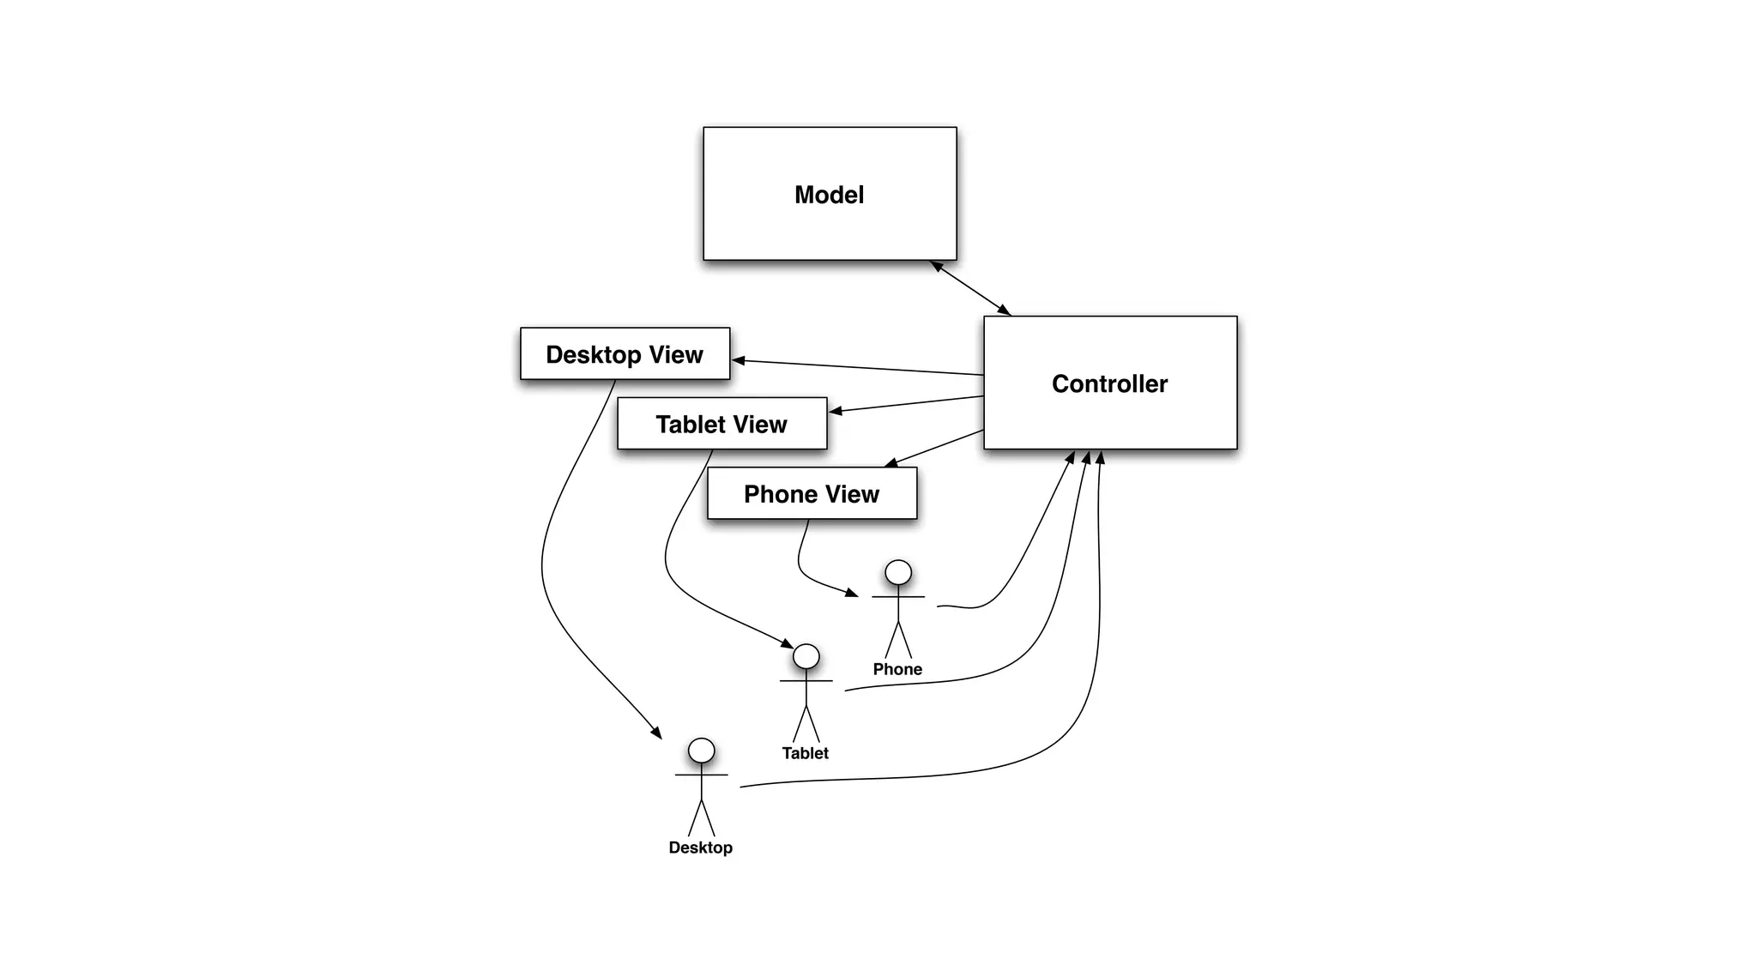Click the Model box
coord(830,194)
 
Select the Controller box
coord(1109,383)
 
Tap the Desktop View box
coord(625,353)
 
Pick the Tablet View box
coord(722,424)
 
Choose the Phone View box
coord(812,493)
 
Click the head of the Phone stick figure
coord(898,572)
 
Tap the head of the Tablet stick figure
coord(806,656)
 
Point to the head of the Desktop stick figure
coord(701,751)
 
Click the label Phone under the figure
coord(897,669)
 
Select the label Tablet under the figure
coord(805,753)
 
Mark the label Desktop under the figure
coord(700,847)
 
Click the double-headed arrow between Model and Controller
coord(971,288)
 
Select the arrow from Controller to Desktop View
coord(858,367)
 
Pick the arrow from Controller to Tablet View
coord(906,404)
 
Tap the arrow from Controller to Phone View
coord(933,449)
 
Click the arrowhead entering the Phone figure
coord(852,592)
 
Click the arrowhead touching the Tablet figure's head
coord(788,643)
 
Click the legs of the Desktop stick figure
coord(701,818)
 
